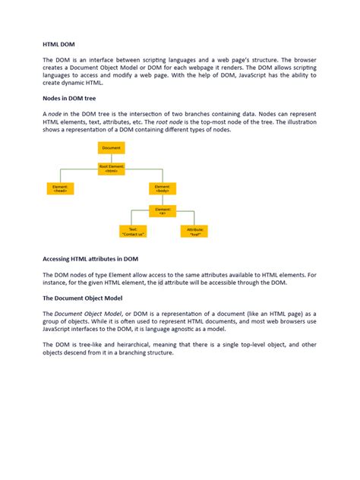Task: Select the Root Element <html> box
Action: pyautogui.click(x=112, y=168)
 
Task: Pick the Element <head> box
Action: pyautogui.click(x=61, y=188)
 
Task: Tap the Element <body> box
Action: pyautogui.click(x=163, y=188)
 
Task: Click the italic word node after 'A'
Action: pyautogui.click(x=56, y=112)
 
